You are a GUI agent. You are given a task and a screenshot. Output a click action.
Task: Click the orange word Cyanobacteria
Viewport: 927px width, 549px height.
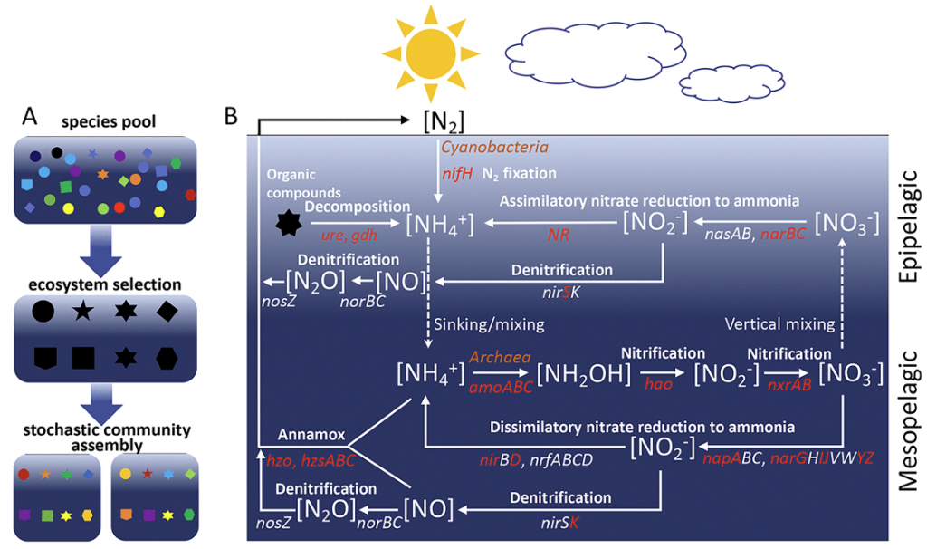(494, 146)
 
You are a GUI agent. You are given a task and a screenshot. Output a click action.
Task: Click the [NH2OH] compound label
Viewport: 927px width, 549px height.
(578, 372)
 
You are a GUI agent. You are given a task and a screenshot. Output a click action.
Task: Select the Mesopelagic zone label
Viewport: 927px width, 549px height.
(906, 421)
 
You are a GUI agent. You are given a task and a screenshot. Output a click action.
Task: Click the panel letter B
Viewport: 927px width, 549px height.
(231, 116)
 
